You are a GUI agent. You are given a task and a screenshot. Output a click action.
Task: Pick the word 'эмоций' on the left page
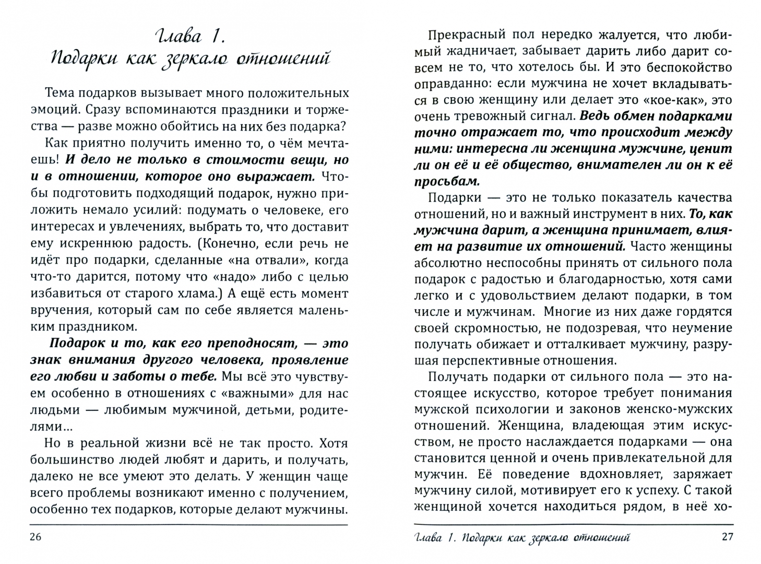click(x=54, y=110)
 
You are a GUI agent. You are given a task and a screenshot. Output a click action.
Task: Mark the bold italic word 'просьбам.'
click(x=446, y=182)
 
